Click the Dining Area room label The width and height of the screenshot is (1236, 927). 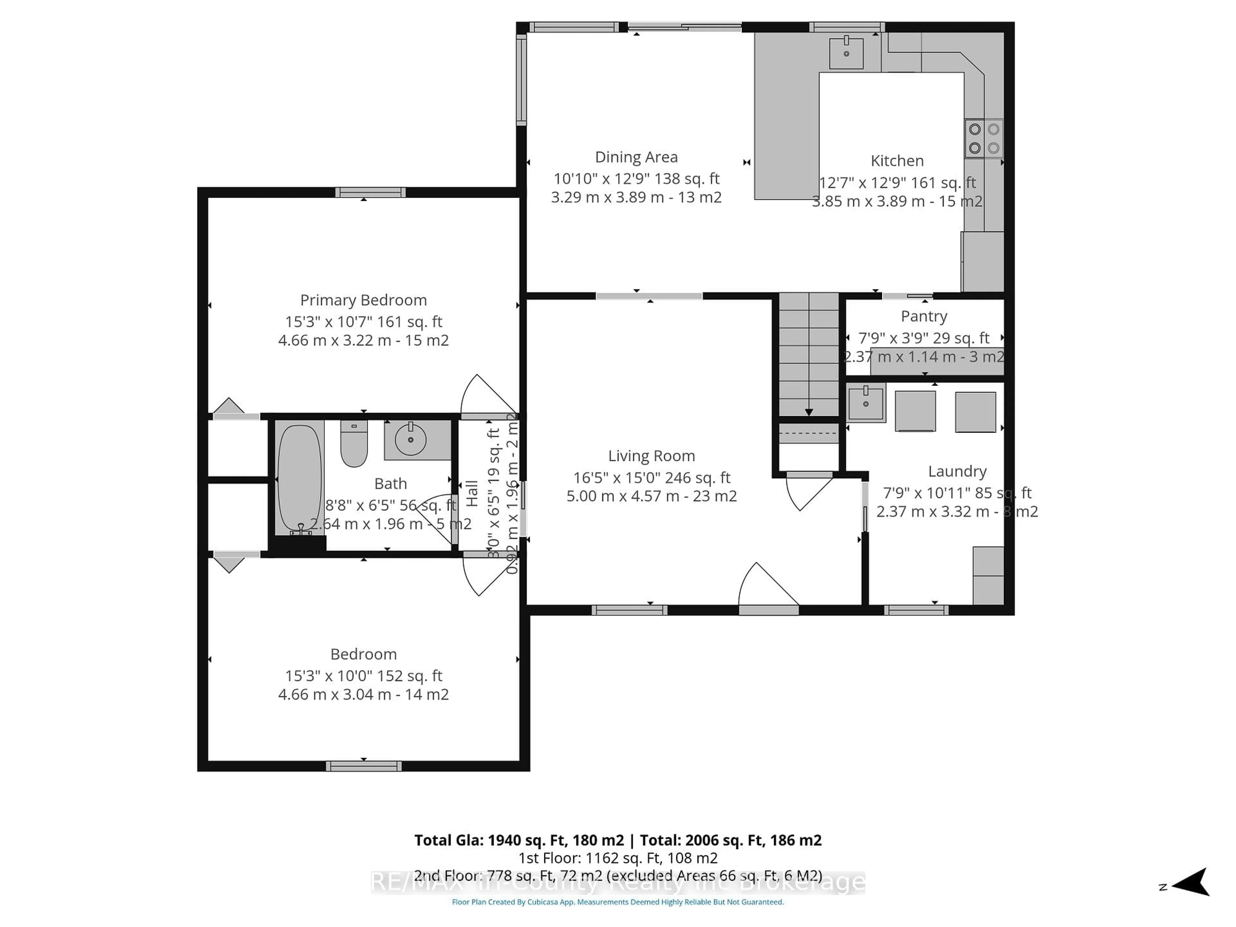[636, 157]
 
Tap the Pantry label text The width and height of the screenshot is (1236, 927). [924, 316]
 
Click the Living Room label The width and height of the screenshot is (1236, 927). [651, 456]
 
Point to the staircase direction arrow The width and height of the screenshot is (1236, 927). [809, 412]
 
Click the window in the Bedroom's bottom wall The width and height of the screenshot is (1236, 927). [364, 766]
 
